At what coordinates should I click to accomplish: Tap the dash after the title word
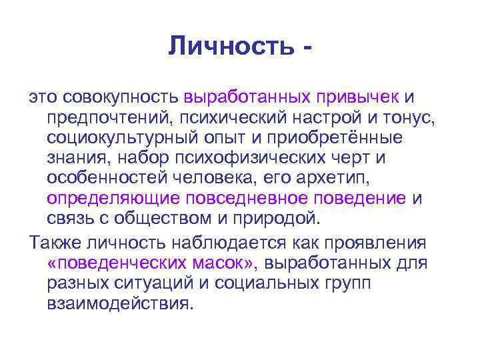[307, 48]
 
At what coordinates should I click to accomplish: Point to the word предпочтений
[107, 119]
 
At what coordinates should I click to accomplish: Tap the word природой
[283, 219]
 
